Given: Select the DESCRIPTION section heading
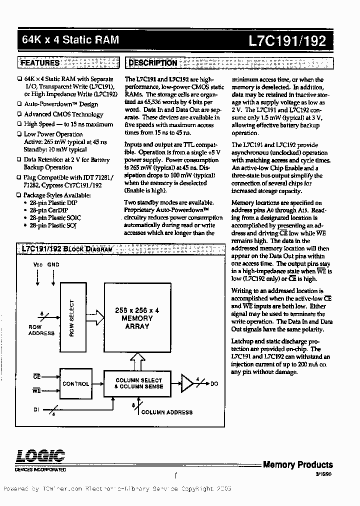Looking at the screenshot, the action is pyautogui.click(x=152, y=63).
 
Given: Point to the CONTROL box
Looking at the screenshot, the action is pyautogui.click(x=75, y=384).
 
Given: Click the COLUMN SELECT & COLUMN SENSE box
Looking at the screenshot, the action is pyautogui.click(x=138, y=383).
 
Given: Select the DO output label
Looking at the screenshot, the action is pyautogui.click(x=214, y=384).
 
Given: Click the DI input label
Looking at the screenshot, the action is pyautogui.click(x=36, y=409).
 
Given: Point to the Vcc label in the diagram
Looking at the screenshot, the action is pyautogui.click(x=38, y=264).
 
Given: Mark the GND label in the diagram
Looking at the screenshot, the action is pyautogui.click(x=53, y=264).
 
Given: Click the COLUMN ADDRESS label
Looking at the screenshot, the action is pyautogui.click(x=166, y=412).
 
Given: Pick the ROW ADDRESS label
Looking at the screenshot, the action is pyautogui.click(x=41, y=330).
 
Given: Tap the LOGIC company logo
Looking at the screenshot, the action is pyautogui.click(x=40, y=457).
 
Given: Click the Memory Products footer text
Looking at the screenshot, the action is pyautogui.click(x=297, y=464).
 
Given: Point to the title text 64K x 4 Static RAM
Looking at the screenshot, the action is pyautogui.click(x=70, y=39).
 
